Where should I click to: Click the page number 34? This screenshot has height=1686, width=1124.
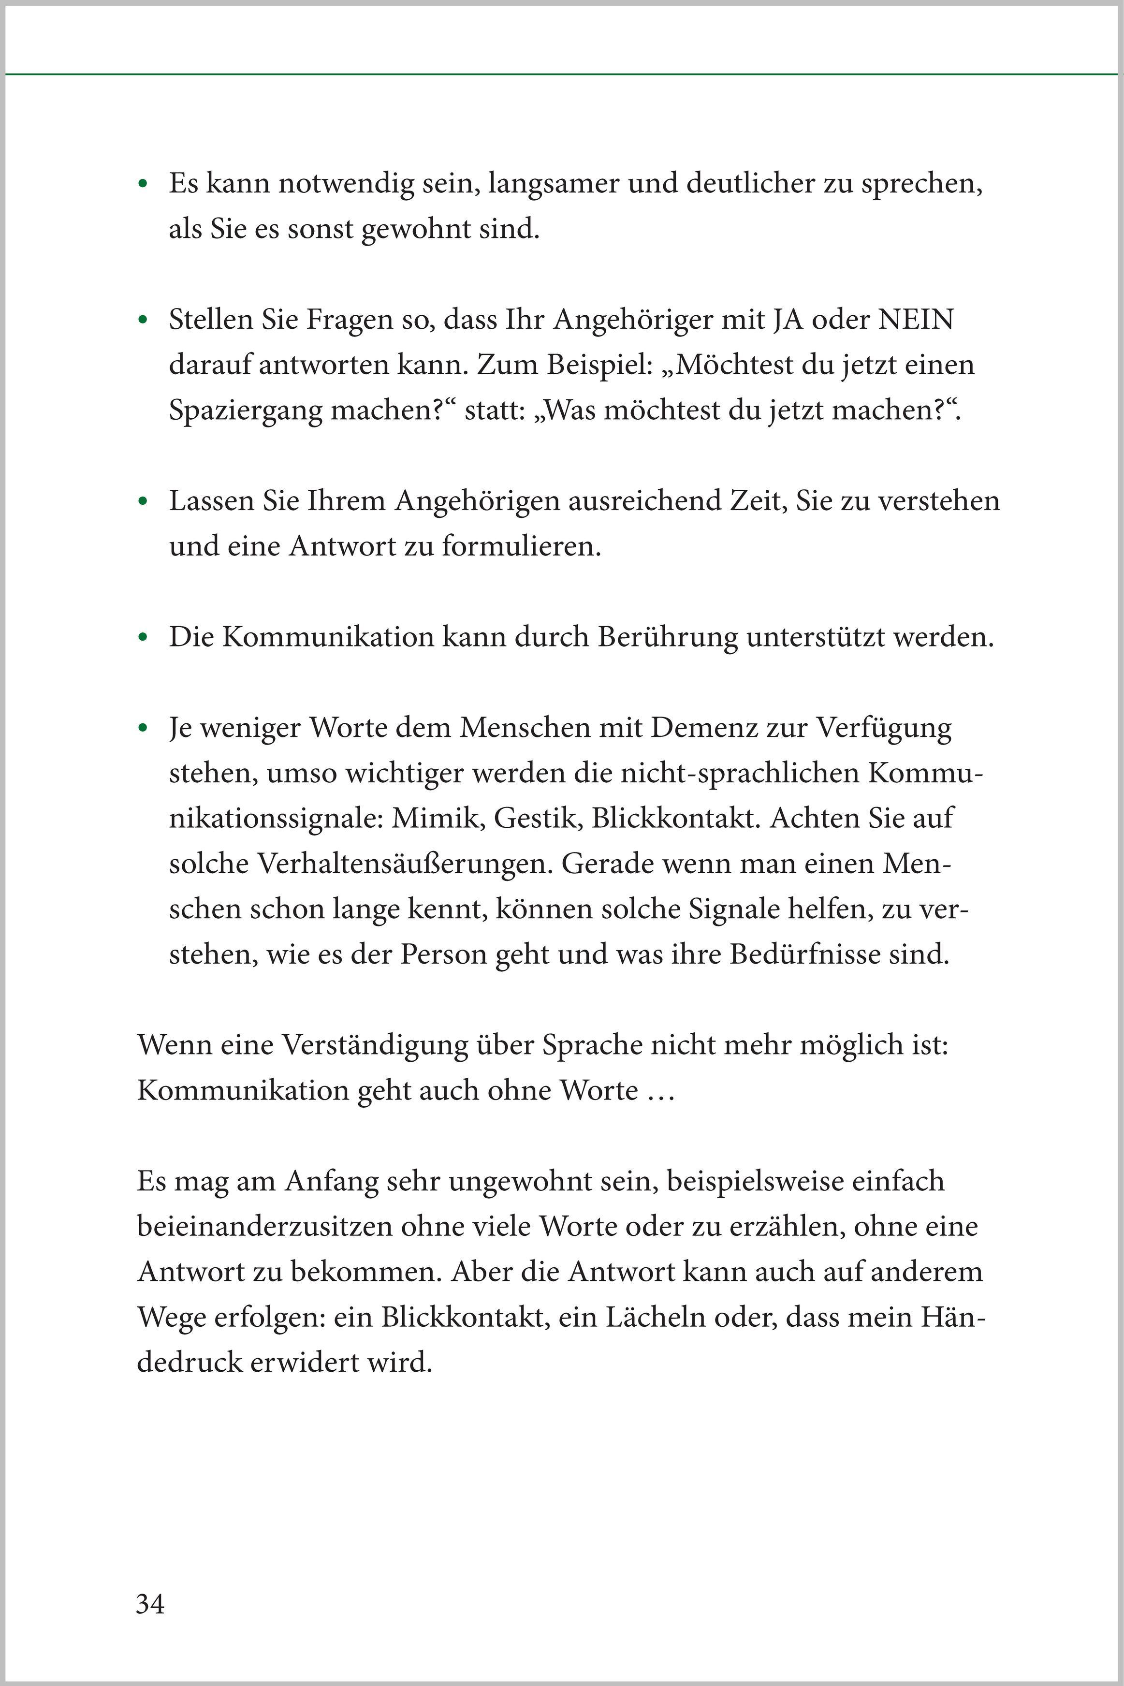tap(150, 1604)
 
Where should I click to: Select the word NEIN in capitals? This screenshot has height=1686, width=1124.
tap(916, 320)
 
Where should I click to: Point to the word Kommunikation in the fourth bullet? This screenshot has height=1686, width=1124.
tap(328, 637)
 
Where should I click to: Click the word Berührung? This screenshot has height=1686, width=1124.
tap(667, 637)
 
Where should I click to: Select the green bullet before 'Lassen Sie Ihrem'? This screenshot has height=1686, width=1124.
tap(144, 502)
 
